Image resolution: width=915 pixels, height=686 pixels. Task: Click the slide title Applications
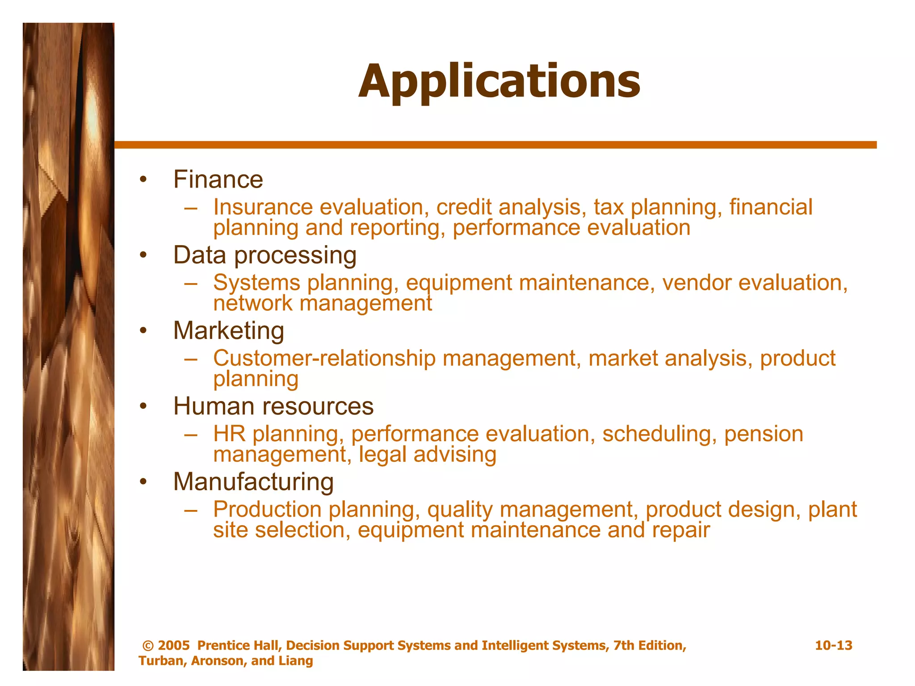pyautogui.click(x=499, y=81)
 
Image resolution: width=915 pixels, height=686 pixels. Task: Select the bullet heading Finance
pyautogui.click(x=218, y=180)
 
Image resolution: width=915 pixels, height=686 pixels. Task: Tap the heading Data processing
pyautogui.click(x=264, y=255)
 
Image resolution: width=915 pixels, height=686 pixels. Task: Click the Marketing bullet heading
pyautogui.click(x=228, y=330)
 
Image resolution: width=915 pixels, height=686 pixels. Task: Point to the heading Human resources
pyautogui.click(x=273, y=406)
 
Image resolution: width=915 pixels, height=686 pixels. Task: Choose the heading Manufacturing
pyautogui.click(x=253, y=481)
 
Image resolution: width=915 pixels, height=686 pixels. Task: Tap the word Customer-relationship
pyautogui.click(x=324, y=358)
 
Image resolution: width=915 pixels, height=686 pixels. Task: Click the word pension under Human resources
pyautogui.click(x=764, y=434)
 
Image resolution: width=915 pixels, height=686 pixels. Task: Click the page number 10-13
pyautogui.click(x=833, y=645)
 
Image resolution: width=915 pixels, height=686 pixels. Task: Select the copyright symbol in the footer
pyautogui.click(x=148, y=646)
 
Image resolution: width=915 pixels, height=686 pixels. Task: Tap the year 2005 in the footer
pyautogui.click(x=174, y=645)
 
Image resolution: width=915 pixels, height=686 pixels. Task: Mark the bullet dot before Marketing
pyautogui.click(x=143, y=331)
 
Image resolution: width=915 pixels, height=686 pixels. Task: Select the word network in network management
pyautogui.click(x=253, y=304)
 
